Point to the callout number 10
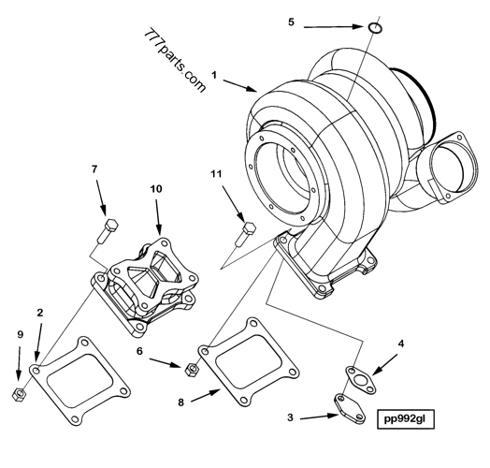click(x=157, y=188)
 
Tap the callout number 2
click(x=38, y=312)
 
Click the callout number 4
click(x=401, y=344)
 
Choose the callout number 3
click(x=292, y=417)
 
